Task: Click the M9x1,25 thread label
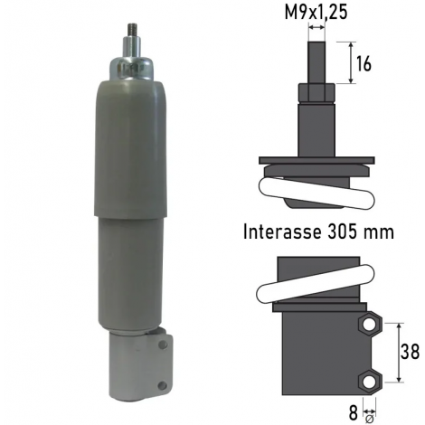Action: pyautogui.click(x=316, y=13)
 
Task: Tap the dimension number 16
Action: pyautogui.click(x=364, y=64)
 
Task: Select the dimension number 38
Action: pyautogui.click(x=410, y=352)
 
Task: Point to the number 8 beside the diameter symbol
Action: pyautogui.click(x=354, y=413)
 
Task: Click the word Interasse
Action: pyautogui.click(x=282, y=232)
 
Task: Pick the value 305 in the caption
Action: pyautogui.click(x=343, y=232)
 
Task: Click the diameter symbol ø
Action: pyautogui.click(x=369, y=420)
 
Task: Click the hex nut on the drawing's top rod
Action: pyautogui.click(x=316, y=94)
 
